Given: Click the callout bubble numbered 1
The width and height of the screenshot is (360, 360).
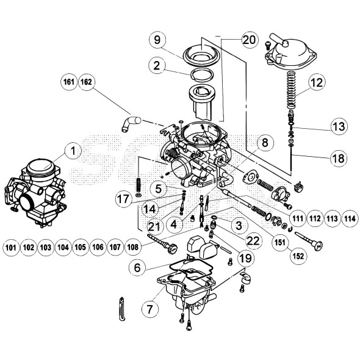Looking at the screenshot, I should (x=74, y=149).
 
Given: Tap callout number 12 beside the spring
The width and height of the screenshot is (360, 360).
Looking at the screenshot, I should (x=315, y=82).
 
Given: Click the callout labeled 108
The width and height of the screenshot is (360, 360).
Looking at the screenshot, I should (x=134, y=248).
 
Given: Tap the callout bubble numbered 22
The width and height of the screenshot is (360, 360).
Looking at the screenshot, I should (x=253, y=240).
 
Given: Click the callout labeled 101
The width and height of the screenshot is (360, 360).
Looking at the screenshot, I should (x=10, y=248).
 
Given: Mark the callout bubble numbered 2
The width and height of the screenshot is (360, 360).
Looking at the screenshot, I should (x=157, y=65).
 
